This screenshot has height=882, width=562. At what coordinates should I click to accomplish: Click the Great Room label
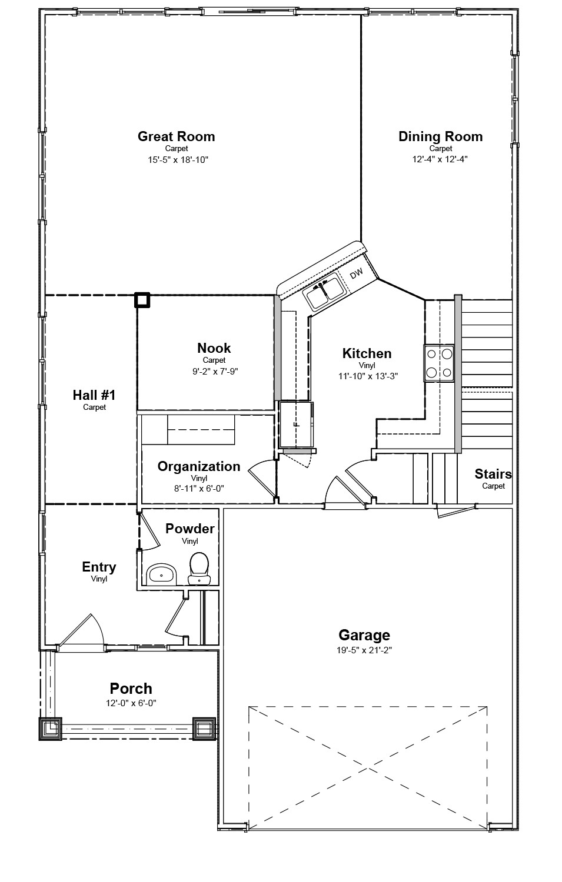[x=176, y=136]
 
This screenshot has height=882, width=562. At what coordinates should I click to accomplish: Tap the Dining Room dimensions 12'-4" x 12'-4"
[x=440, y=159]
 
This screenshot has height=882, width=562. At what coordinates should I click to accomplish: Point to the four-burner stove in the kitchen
[x=439, y=363]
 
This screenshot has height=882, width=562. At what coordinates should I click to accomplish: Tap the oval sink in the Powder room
[x=161, y=573]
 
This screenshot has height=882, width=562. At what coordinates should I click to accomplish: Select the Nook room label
[x=214, y=348]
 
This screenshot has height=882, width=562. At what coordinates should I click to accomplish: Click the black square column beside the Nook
[x=142, y=300]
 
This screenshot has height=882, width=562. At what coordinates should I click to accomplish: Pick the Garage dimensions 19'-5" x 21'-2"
[x=364, y=650]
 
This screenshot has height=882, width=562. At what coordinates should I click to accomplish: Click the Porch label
[x=131, y=689]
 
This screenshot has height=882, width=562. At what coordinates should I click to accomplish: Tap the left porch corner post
[x=50, y=729]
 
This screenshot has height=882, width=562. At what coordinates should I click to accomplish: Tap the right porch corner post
[x=204, y=729]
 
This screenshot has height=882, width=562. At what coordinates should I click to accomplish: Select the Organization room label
[x=199, y=466]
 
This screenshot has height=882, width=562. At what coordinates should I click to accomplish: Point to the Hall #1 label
[x=94, y=395]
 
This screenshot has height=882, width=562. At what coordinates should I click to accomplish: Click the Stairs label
[x=493, y=474]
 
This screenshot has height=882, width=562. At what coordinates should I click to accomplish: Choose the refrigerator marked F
[x=296, y=424]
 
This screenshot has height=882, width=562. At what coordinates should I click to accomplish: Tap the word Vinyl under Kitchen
[x=367, y=365]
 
